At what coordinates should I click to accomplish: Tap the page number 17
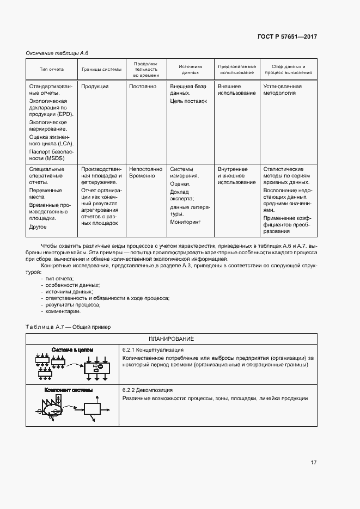pos(313,463)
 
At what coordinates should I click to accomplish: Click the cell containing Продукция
pos(95,87)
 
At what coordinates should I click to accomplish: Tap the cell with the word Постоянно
pos(143,87)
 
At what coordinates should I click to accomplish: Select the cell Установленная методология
pos(282,90)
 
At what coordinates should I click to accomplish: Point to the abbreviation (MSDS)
pos(55,158)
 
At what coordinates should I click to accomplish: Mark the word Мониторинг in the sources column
pos(185,222)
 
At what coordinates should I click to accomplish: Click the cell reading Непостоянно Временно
pos(145,173)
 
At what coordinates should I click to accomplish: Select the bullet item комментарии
pos(63,311)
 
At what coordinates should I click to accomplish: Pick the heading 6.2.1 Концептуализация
pos(152,349)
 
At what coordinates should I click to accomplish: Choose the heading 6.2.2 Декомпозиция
pos(148,390)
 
